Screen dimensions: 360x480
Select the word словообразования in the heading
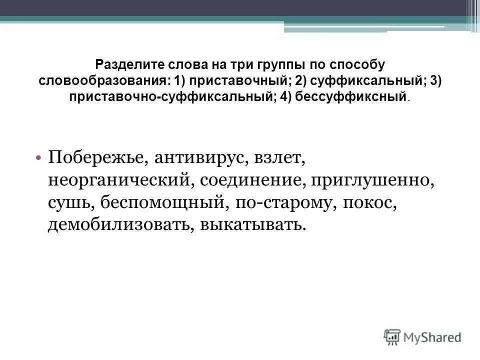click(100, 80)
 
